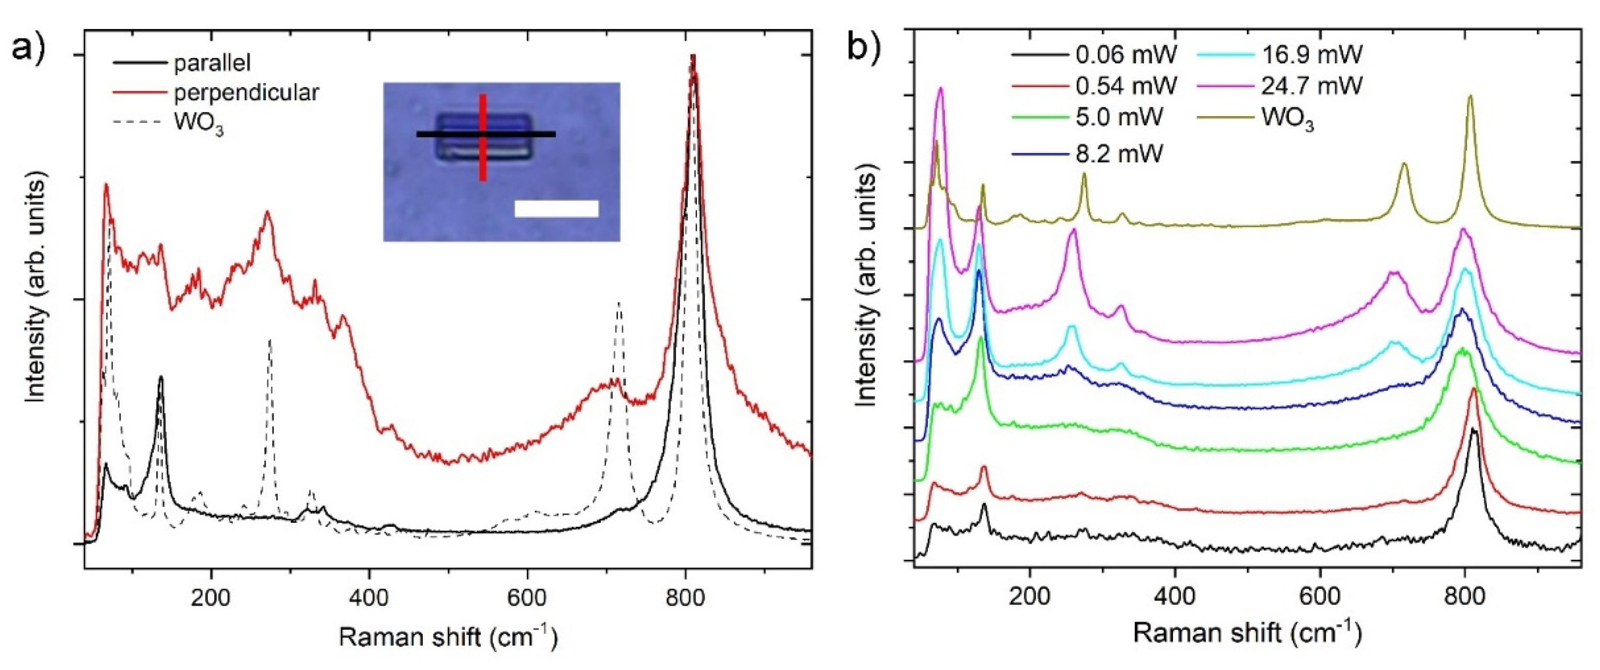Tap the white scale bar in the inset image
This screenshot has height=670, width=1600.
pyautogui.click(x=556, y=209)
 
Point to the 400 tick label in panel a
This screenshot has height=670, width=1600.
pyautogui.click(x=369, y=598)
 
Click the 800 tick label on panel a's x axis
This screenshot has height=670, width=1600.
pyautogui.click(x=685, y=598)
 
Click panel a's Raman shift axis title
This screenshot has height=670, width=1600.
pyautogui.click(x=448, y=638)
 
